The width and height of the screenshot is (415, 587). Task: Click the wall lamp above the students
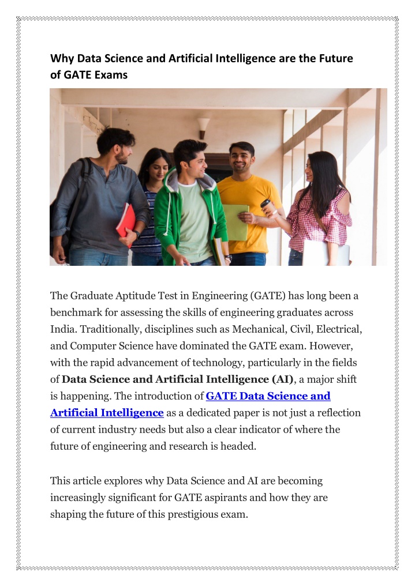click(x=204, y=126)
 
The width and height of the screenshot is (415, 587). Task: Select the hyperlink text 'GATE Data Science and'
click(x=268, y=396)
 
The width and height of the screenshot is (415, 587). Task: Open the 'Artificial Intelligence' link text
click(x=107, y=413)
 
